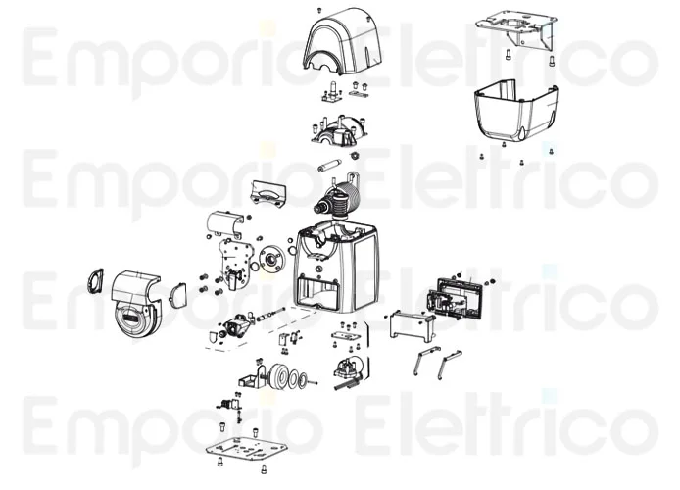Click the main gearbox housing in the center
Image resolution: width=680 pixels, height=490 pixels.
(x=337, y=266)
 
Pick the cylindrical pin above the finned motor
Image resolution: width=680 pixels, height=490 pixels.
(x=329, y=166)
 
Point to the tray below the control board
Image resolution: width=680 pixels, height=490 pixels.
(x=412, y=325)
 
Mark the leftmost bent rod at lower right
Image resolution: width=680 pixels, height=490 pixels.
(x=424, y=361)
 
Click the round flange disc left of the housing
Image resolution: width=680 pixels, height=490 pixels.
(x=272, y=260)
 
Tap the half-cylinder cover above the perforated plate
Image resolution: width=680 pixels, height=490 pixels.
(x=224, y=224)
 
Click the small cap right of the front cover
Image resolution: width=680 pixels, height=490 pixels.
(x=178, y=295)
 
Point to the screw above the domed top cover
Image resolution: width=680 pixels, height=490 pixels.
(x=319, y=10)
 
